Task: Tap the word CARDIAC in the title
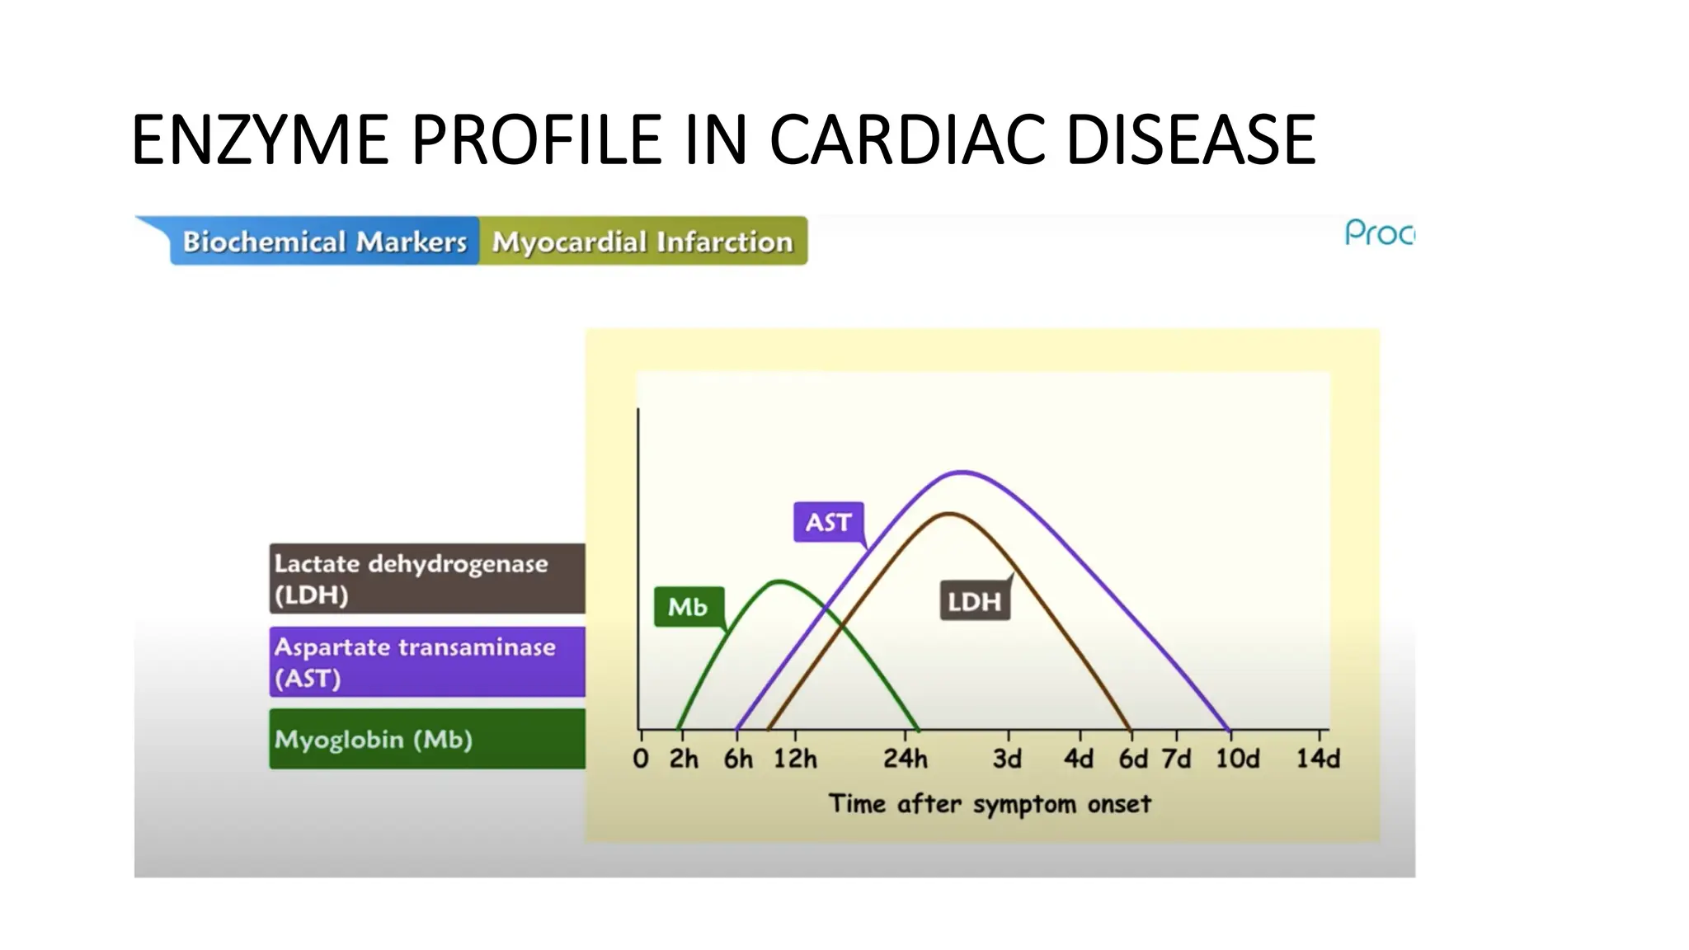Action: (907, 140)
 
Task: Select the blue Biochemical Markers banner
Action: (324, 242)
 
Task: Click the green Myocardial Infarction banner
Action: (642, 242)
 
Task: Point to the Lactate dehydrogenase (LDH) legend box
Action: (426, 578)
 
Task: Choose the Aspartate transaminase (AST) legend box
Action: (426, 662)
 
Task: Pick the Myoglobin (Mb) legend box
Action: (426, 739)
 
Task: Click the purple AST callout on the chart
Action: (828, 522)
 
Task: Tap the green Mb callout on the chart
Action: (688, 607)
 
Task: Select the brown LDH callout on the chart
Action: (974, 601)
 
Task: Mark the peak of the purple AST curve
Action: (962, 473)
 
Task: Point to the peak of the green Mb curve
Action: (779, 582)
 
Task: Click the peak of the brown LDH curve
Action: (950, 514)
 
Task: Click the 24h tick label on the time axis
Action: (905, 759)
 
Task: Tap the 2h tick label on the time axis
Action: (683, 759)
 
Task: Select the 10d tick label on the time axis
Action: (1237, 759)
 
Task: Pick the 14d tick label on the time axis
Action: (1317, 759)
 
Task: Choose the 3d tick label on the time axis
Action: (1007, 759)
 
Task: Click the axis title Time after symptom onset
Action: (989, 803)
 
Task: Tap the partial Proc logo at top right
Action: (1379, 233)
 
